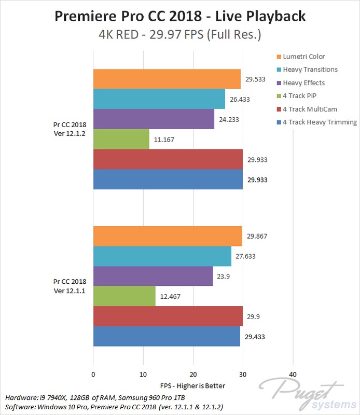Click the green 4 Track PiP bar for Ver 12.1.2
(121, 139)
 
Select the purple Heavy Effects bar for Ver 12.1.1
(153, 276)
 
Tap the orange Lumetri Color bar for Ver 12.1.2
(167, 79)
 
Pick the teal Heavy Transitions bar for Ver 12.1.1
(162, 256)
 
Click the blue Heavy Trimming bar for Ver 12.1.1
(167, 336)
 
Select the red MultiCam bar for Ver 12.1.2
(168, 159)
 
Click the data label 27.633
(245, 256)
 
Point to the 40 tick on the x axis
(293, 374)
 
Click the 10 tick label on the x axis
(143, 374)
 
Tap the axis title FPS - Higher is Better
(192, 386)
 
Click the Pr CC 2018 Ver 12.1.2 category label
(71, 129)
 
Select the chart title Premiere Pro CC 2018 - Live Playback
(180, 17)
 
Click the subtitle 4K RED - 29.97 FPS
(180, 36)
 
